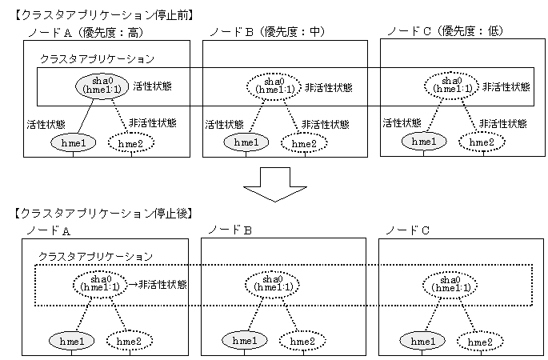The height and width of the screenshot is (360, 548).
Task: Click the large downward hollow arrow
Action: pyautogui.click(x=275, y=184)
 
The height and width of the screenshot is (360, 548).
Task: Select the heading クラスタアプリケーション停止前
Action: pyautogui.click(x=104, y=15)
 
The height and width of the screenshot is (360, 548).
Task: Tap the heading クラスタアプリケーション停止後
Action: pyautogui.click(x=103, y=214)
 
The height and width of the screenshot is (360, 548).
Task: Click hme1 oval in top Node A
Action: pyautogui.click(x=74, y=143)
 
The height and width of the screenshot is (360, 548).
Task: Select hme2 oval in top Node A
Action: pyautogui.click(x=130, y=143)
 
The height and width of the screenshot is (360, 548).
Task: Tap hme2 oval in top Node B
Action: pyautogui.click(x=304, y=143)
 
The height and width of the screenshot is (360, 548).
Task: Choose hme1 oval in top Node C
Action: pyautogui.click(x=424, y=142)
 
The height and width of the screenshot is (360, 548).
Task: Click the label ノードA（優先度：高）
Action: pyautogui.click(x=86, y=33)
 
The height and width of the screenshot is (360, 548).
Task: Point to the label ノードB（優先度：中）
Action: pyautogui.click(x=267, y=32)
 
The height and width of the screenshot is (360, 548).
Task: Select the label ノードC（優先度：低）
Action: pyautogui.click(x=446, y=31)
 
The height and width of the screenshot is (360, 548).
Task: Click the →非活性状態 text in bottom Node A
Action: pyautogui.click(x=158, y=284)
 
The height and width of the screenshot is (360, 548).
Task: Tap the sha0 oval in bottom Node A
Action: pyautogui.click(x=100, y=284)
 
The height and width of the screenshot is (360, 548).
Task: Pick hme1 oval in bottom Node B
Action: pyautogui.click(x=245, y=341)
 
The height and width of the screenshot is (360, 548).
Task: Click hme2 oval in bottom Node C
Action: pyautogui.click(x=480, y=342)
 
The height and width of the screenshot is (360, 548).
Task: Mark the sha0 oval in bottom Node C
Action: pyautogui.click(x=450, y=285)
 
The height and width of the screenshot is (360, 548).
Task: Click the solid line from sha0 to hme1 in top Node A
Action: pyautogui.click(x=86, y=117)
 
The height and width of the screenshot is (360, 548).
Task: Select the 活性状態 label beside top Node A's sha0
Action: pyautogui.click(x=152, y=86)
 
